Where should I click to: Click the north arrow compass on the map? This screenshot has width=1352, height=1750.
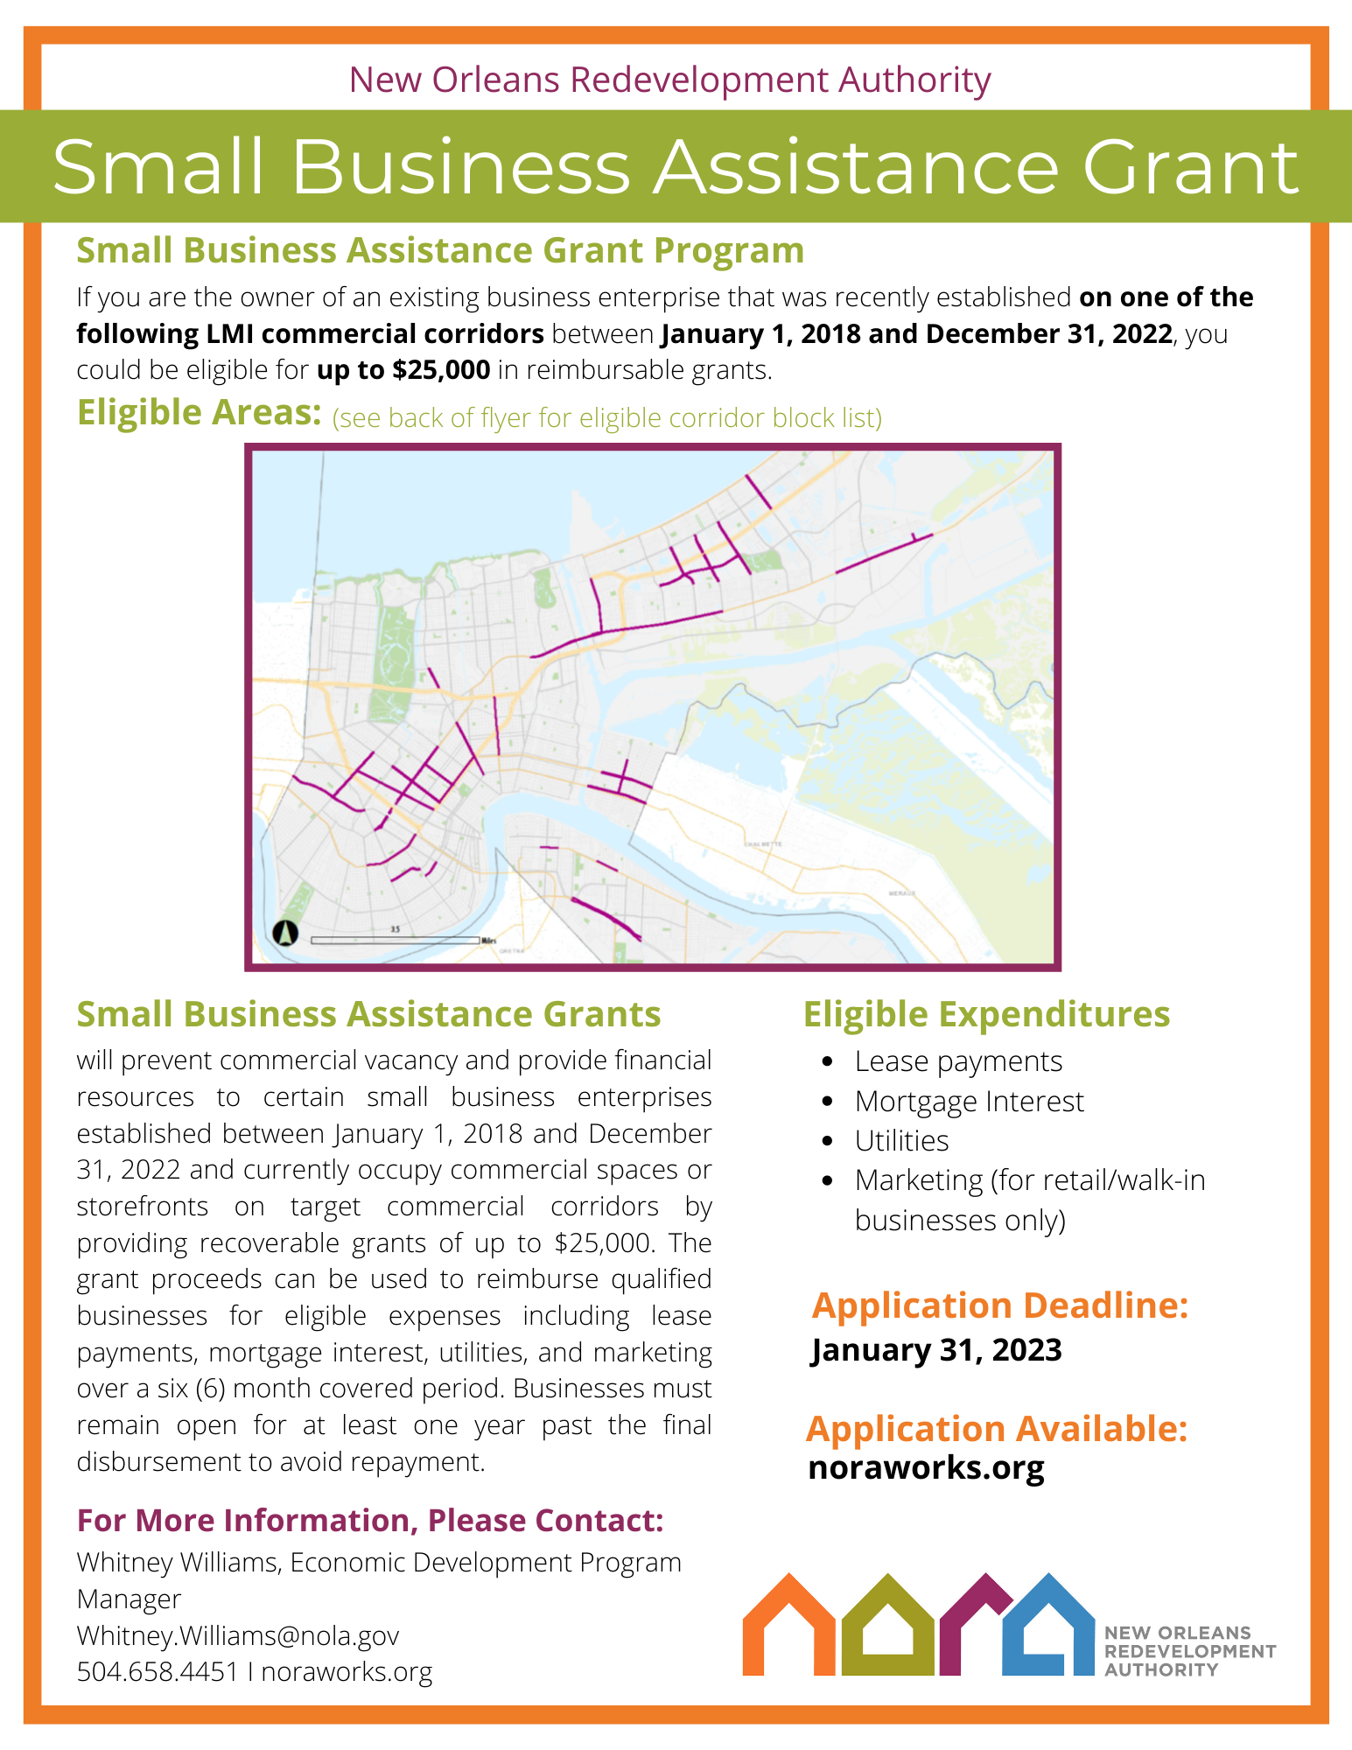click(x=285, y=933)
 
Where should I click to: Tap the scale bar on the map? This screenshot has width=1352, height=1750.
click(x=395, y=940)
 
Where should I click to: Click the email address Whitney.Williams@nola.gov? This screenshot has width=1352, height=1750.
click(x=238, y=1635)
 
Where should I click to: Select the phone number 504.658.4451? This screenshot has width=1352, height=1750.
click(x=158, y=1672)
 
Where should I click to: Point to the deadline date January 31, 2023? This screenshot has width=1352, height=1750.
click(x=936, y=1350)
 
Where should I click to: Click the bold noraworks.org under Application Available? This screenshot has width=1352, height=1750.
click(x=926, y=1467)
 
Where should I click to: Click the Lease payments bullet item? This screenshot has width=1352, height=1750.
click(x=958, y=1061)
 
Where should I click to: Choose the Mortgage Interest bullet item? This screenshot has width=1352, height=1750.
click(x=969, y=1102)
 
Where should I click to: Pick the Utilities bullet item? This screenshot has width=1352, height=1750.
click(x=901, y=1141)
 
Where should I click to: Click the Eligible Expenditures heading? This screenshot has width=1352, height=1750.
click(x=986, y=1014)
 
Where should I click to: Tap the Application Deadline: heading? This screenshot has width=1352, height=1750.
click(x=1000, y=1305)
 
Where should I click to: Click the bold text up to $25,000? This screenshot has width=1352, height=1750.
click(x=403, y=370)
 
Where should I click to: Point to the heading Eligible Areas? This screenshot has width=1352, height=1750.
click(x=200, y=413)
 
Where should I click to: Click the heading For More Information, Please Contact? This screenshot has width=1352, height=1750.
click(x=370, y=1521)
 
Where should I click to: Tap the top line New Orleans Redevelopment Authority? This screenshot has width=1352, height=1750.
click(x=669, y=80)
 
